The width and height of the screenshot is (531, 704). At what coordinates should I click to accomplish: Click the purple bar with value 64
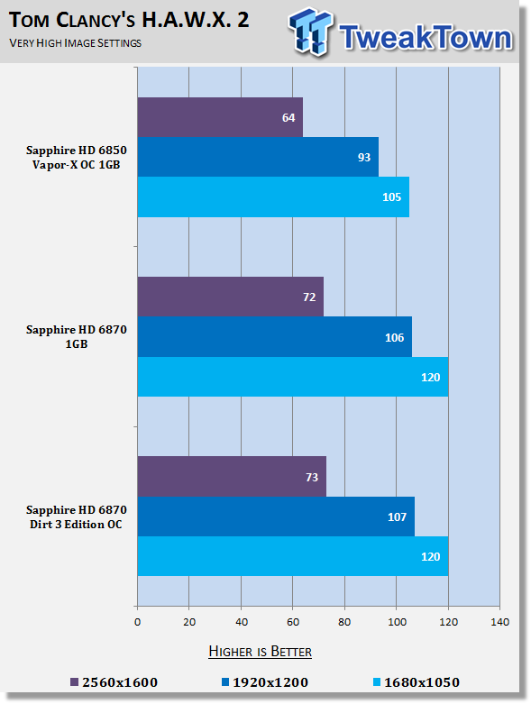(220, 117)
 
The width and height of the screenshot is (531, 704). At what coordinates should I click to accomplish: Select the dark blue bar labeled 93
(258, 157)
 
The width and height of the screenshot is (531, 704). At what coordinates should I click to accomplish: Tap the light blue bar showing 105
(273, 197)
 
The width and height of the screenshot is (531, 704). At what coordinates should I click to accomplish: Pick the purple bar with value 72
(230, 297)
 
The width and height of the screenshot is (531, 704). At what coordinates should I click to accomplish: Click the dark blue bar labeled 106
(275, 337)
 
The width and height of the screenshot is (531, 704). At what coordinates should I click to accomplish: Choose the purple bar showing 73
(232, 476)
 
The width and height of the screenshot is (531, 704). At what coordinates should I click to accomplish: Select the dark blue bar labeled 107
(276, 517)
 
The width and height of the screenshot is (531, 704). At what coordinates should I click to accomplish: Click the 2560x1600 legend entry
(114, 682)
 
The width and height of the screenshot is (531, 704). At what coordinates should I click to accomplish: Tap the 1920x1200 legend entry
(265, 682)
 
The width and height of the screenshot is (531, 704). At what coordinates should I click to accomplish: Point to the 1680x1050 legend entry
(417, 682)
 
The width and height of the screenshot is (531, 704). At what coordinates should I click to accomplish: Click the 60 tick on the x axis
(293, 622)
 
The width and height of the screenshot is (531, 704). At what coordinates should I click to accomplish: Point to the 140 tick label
(499, 622)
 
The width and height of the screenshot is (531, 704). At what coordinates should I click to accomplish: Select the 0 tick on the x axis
(137, 622)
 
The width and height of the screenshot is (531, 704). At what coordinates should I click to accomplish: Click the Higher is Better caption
(260, 652)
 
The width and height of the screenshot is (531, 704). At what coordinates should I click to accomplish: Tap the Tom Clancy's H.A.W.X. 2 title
(129, 20)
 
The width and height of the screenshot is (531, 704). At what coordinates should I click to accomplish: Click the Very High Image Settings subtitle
(75, 43)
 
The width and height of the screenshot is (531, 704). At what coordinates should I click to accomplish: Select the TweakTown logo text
(426, 37)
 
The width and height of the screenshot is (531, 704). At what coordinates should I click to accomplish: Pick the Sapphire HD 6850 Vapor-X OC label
(77, 157)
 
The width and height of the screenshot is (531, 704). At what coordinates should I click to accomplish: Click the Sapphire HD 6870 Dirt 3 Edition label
(77, 517)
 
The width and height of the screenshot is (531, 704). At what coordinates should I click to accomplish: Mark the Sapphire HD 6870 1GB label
(77, 337)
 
